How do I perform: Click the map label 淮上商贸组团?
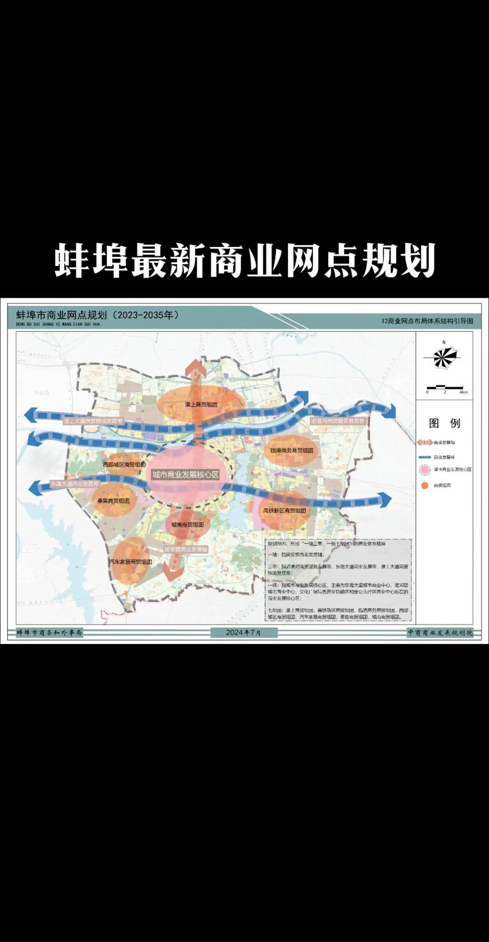[x=201, y=405]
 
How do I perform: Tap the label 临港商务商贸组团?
[x=292, y=450]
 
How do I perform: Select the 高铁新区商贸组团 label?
[x=285, y=510]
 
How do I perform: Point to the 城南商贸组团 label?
[x=187, y=525]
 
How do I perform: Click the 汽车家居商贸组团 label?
[x=131, y=561]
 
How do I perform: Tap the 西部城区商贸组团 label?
[x=124, y=465]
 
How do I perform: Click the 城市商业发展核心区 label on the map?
[x=185, y=475]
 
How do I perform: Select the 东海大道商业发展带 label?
[x=74, y=483]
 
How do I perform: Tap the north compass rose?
[x=445, y=356]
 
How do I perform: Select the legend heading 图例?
[x=445, y=423]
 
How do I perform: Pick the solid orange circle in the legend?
[x=424, y=485]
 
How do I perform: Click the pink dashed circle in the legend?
[x=424, y=470]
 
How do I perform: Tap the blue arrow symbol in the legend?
[x=424, y=456]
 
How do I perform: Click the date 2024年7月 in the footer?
[x=243, y=632]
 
